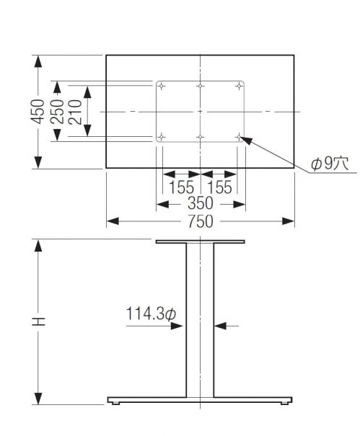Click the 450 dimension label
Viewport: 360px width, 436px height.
[x=38, y=112]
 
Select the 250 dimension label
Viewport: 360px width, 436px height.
[x=57, y=112]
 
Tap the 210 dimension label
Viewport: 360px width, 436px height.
[x=75, y=112]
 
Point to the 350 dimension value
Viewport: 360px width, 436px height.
[x=200, y=203]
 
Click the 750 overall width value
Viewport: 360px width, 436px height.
[x=200, y=222]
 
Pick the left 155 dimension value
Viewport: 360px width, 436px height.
[x=181, y=187]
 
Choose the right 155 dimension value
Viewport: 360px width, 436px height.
[x=219, y=187]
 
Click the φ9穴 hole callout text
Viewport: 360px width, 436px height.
[x=330, y=164]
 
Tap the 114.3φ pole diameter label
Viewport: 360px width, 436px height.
[x=152, y=314]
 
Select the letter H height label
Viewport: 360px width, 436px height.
[x=38, y=321]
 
